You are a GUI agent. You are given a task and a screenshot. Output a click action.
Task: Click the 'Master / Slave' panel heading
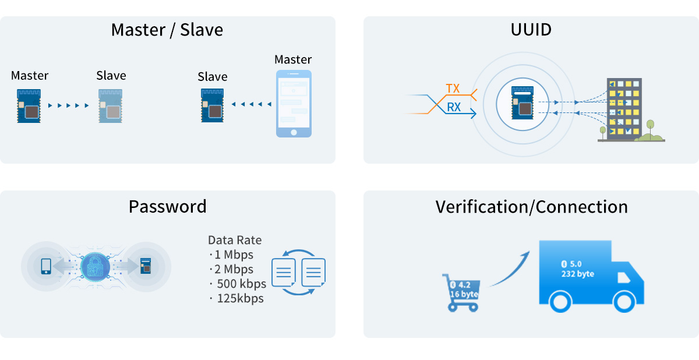[x=167, y=30]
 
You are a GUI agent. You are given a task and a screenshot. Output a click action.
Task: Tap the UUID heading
[x=531, y=30]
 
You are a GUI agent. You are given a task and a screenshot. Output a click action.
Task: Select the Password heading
[x=167, y=206]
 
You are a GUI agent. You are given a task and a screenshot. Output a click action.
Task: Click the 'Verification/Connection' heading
[x=531, y=206]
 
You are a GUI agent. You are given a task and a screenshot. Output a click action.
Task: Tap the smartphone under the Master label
[x=294, y=104]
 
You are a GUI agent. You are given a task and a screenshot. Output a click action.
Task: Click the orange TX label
[x=453, y=89]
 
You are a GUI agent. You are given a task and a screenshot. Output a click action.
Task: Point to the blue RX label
[x=454, y=107]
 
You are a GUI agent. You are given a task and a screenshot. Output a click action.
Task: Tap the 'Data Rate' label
[x=235, y=240]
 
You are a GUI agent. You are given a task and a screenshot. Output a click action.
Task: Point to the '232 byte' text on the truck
[x=577, y=273]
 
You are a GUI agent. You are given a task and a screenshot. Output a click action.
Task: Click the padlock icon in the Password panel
[x=95, y=267]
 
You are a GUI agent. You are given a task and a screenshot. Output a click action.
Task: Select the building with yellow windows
[x=623, y=110]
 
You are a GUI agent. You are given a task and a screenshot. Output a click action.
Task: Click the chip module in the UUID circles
[x=521, y=103]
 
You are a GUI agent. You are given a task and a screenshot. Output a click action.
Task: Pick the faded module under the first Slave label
[x=111, y=105]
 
